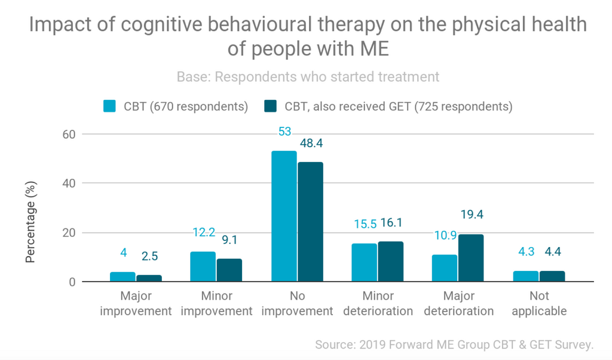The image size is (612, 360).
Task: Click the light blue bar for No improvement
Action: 284,216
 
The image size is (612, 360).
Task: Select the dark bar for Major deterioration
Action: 470,258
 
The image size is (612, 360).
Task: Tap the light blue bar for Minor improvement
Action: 203,267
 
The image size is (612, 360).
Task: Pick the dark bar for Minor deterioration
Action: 390,261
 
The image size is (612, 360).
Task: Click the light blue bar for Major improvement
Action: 123,277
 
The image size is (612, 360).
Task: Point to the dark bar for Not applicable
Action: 552,276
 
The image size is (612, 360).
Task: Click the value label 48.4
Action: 310,144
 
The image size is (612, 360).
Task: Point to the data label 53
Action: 284,132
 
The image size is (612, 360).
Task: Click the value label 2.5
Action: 149,256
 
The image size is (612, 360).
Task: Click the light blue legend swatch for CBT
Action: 110,107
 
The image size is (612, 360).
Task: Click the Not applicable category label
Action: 538,303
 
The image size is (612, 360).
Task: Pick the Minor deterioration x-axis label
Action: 378,303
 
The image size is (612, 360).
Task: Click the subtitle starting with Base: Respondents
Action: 308,77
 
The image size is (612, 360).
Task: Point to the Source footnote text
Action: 455,344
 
